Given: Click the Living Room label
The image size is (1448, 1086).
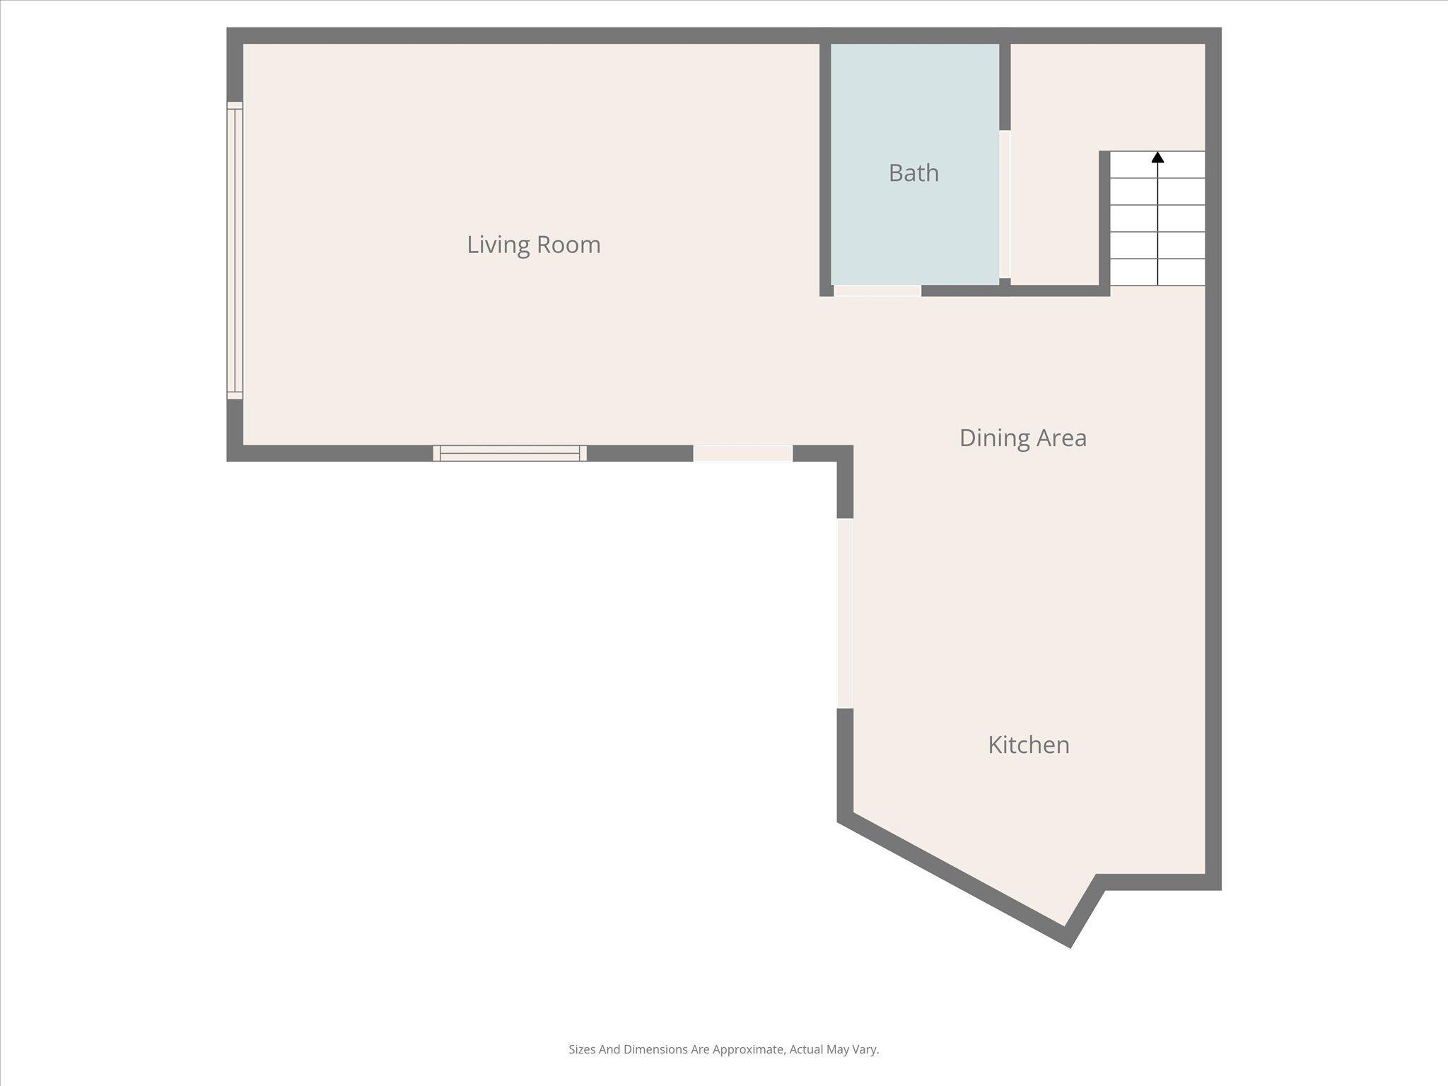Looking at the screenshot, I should [534, 245].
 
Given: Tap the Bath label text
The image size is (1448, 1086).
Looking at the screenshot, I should [913, 173].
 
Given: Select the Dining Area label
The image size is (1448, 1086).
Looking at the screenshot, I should [1022, 438].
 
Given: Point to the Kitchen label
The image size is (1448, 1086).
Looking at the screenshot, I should [1028, 745].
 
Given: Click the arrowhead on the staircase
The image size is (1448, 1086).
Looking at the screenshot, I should [1157, 157].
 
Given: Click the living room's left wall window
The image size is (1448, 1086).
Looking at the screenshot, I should [235, 250].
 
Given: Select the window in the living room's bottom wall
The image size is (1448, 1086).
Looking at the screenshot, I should [510, 453].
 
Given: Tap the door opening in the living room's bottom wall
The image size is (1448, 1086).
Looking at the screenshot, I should [742, 453].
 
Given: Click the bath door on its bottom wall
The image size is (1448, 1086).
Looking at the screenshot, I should [877, 291].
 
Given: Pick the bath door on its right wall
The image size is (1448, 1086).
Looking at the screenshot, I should [1005, 204].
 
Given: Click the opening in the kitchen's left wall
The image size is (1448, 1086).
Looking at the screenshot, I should [845, 613].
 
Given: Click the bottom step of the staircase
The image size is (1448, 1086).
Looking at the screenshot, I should [1157, 272].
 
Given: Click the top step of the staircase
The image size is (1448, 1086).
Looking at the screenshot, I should [1157, 165].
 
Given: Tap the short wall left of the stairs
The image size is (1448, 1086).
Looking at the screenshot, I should [1104, 219].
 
